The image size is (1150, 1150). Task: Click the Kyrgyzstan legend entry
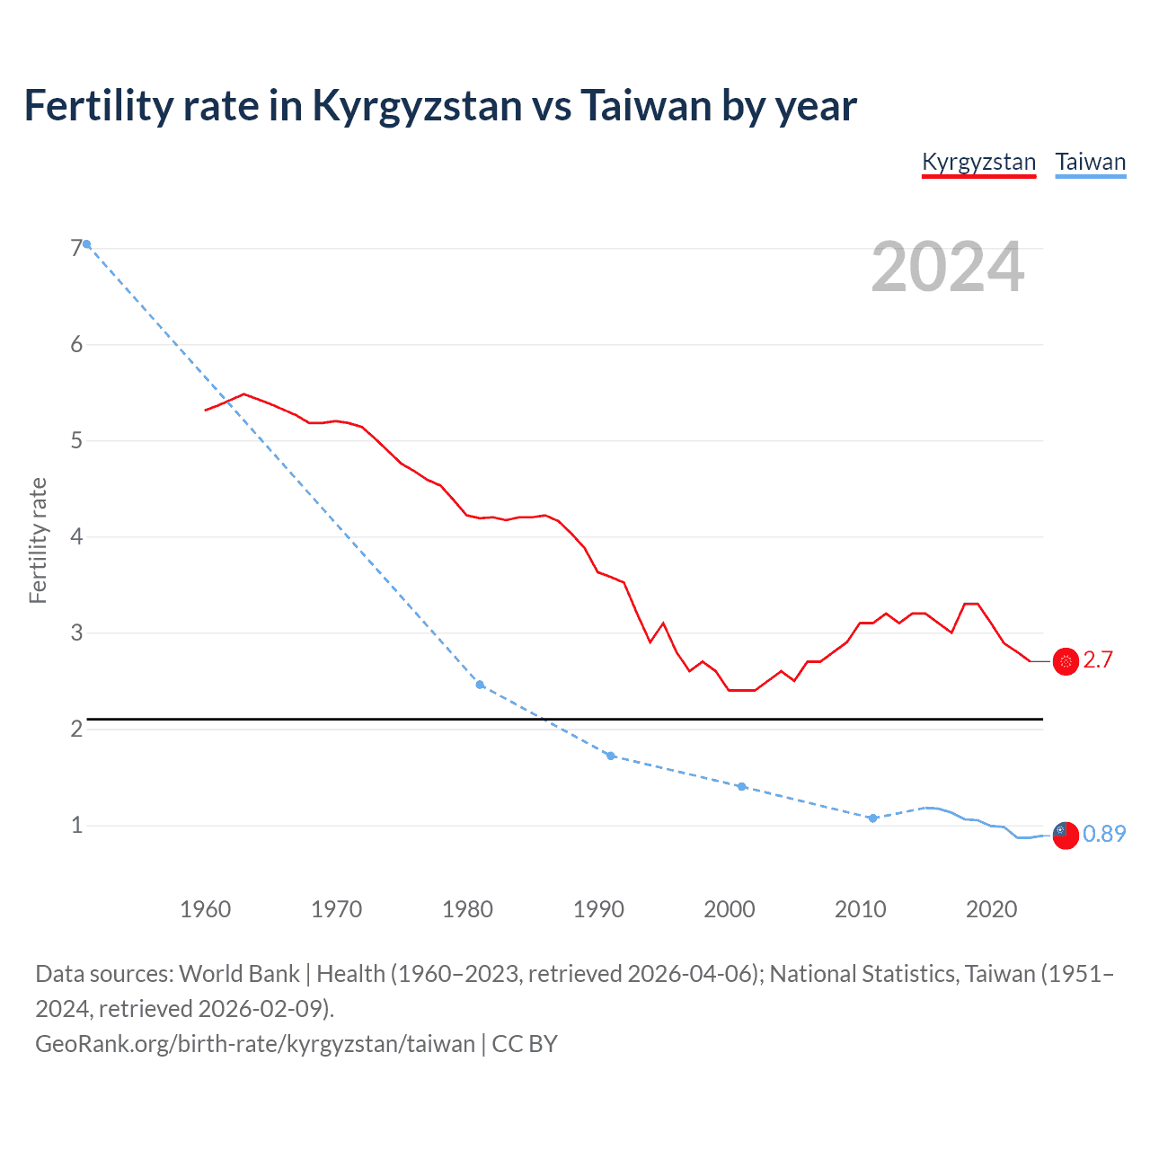coord(978,163)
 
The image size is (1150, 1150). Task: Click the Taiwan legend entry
coord(1090,163)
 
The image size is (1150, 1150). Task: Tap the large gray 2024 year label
coord(948,267)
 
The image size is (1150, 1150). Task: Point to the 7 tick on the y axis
coord(76,248)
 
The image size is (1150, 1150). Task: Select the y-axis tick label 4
coord(76,536)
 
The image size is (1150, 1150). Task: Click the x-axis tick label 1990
coord(598,909)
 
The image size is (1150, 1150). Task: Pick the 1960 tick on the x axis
coord(206,909)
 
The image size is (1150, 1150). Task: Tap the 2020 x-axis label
coord(991,909)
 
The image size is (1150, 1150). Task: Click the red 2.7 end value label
coord(1098,660)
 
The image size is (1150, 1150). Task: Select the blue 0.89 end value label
coord(1104,834)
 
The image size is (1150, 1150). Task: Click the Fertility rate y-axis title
coord(38,540)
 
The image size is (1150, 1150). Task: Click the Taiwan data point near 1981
coord(480,685)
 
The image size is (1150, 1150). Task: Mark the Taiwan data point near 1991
coord(611,756)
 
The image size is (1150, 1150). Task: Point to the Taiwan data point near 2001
coord(741,786)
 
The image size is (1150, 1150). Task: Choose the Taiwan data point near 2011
coord(872,818)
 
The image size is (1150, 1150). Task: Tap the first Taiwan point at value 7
coord(86,244)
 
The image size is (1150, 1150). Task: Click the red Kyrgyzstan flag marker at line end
coord(1066,661)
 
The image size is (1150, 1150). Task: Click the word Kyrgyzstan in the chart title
coord(417,106)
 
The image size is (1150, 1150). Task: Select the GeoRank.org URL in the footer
coord(255,1044)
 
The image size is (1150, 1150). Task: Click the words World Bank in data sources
coord(240,974)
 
